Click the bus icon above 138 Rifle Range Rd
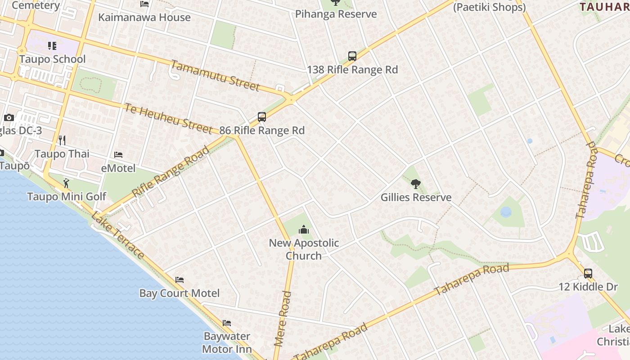tap(352, 56)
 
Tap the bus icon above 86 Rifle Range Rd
tap(262, 117)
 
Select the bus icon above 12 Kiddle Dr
tap(588, 273)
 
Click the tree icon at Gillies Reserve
tap(416, 184)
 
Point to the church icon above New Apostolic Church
tap(304, 230)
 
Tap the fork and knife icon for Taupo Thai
tap(62, 140)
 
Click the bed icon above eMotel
tap(118, 155)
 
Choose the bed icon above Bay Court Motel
tap(180, 280)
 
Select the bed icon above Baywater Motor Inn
tap(227, 323)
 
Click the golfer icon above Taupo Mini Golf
tap(67, 183)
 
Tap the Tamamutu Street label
tap(215, 75)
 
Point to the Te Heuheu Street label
tap(168, 118)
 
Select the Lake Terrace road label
tap(118, 235)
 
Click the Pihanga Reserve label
tap(336, 14)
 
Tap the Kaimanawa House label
tap(144, 18)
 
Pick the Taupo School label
tap(52, 59)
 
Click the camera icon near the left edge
tap(9, 118)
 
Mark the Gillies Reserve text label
tap(416, 198)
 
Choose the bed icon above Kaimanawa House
tap(144, 4)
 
